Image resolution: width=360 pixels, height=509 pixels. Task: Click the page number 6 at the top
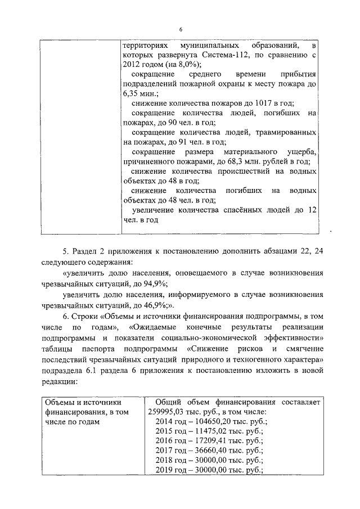(181, 29)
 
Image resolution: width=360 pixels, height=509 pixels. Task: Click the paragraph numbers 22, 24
(304, 252)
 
